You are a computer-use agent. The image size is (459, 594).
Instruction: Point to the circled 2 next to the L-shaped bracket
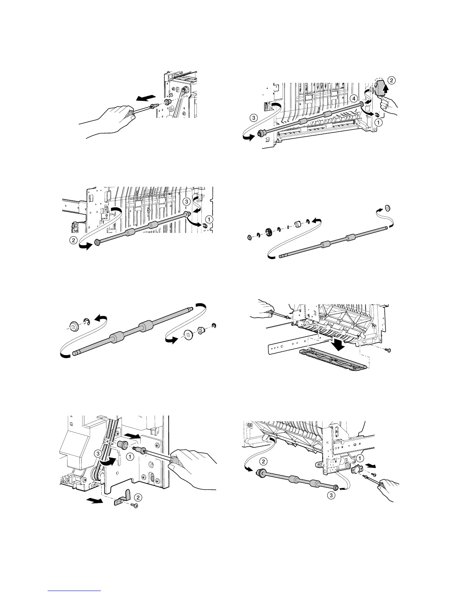pos(138,498)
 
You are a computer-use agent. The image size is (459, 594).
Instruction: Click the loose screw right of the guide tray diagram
pos(388,350)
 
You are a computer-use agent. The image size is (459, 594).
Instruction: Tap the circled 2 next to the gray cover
pos(391,80)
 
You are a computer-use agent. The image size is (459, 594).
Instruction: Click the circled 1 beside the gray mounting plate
pos(360,458)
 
